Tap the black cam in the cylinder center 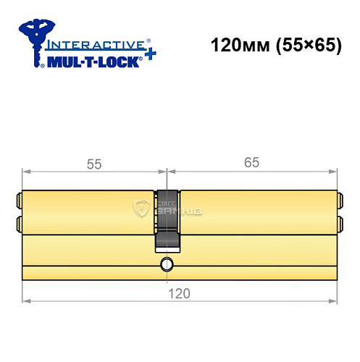[167, 217]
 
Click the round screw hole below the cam [167, 264]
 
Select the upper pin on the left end [20, 198]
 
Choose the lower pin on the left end [20, 222]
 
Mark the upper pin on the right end [339, 198]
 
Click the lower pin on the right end [339, 222]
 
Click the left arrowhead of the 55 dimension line [27, 172]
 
